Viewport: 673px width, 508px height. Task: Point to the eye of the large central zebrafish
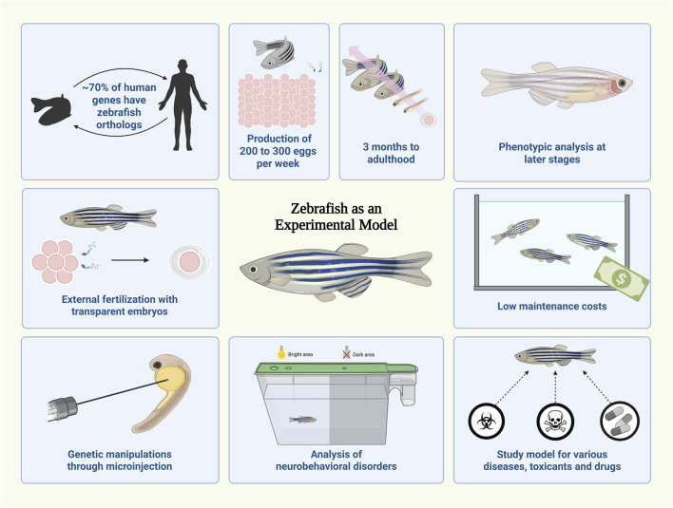pyautogui.click(x=257, y=270)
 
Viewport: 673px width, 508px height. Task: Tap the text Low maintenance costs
pyautogui.click(x=552, y=308)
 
